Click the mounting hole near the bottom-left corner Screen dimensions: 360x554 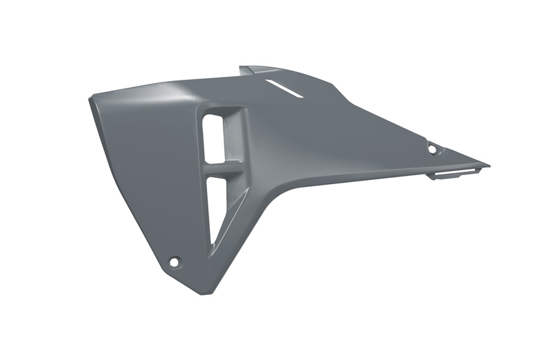click(175, 262)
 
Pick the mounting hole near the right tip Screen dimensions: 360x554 click(433, 149)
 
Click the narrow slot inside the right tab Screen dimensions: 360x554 click(457, 171)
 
